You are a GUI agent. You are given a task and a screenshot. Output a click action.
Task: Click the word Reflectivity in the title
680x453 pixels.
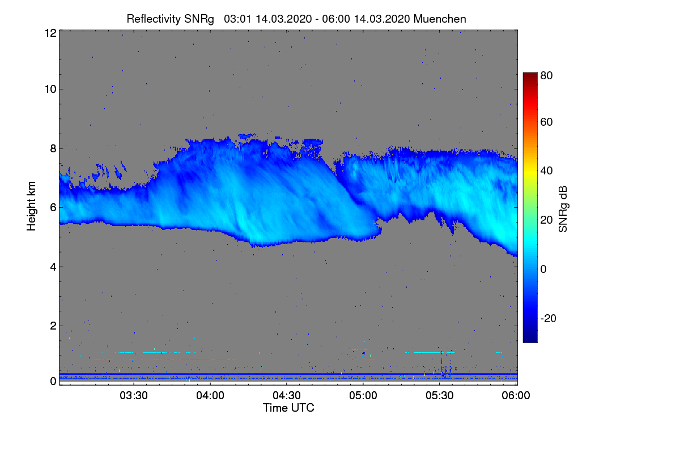coord(151,19)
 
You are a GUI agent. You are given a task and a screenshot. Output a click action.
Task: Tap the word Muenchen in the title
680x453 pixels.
coord(440,19)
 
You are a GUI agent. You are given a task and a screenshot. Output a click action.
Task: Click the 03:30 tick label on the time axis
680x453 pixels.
coord(134,396)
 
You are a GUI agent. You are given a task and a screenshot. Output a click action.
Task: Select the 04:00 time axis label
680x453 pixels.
coord(210,396)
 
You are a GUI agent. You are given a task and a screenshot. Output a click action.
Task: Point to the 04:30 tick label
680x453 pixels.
coord(287,396)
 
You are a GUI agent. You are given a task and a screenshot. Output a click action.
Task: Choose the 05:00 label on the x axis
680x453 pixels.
coord(363,396)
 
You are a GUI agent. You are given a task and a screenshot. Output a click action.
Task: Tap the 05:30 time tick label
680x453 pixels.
coord(440,396)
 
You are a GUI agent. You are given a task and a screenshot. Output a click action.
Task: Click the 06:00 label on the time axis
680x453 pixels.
coord(516,396)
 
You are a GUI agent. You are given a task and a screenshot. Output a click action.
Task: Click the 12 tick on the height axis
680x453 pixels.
coord(49,33)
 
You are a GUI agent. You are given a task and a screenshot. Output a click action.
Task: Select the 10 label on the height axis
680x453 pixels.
coord(49,89)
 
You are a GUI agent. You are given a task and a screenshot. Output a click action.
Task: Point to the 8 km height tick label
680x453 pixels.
coord(52,148)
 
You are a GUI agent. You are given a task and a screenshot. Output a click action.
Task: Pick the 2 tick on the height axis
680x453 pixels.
coord(52,326)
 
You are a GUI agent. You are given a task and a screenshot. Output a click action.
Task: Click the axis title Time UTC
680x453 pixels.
coord(288,408)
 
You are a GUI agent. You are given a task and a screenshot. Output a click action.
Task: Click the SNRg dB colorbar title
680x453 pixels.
coord(563,208)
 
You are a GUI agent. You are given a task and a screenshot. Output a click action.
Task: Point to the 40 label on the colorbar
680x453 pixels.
coord(546,171)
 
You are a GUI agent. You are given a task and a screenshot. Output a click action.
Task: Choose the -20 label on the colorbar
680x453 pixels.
coord(548,318)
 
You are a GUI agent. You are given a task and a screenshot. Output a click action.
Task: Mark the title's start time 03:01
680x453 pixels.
coord(238,19)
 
